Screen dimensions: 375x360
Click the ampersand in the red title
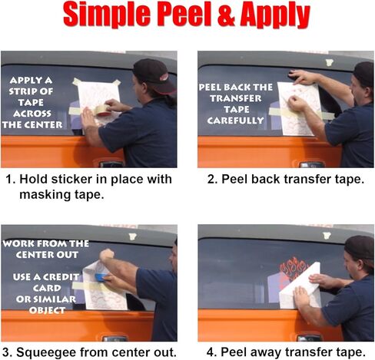click(x=226, y=15)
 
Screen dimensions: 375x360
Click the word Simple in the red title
click(x=106, y=15)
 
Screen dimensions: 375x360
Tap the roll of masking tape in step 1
click(x=102, y=111)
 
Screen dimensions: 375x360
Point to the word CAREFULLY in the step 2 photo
click(x=235, y=121)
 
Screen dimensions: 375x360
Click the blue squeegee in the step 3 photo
click(x=101, y=277)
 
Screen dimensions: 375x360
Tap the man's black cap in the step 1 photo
click(x=154, y=75)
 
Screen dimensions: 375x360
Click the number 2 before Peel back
click(x=211, y=179)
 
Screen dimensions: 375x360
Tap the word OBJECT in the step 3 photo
click(x=47, y=310)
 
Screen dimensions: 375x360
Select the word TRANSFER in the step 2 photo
click(x=236, y=98)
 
